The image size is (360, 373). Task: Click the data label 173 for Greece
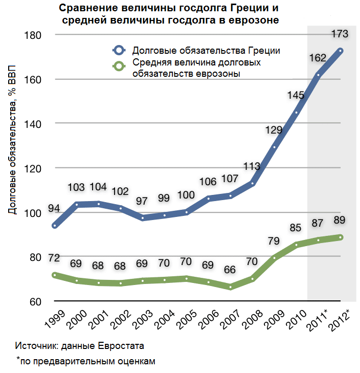(x=340, y=34)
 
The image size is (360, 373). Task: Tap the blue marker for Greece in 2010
(x=296, y=112)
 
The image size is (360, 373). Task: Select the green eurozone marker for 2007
(x=231, y=287)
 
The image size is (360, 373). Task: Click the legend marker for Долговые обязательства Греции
(x=119, y=51)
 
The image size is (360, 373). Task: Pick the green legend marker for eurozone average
(x=119, y=67)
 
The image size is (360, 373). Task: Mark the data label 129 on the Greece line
(x=274, y=130)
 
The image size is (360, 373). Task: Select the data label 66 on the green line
(x=230, y=269)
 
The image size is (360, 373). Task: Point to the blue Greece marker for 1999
(x=55, y=226)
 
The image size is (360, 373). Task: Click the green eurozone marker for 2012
(x=340, y=237)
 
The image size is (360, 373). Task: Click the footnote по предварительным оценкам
(x=86, y=361)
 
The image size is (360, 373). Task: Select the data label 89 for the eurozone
(x=340, y=221)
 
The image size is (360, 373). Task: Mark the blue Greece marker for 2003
(x=143, y=218)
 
